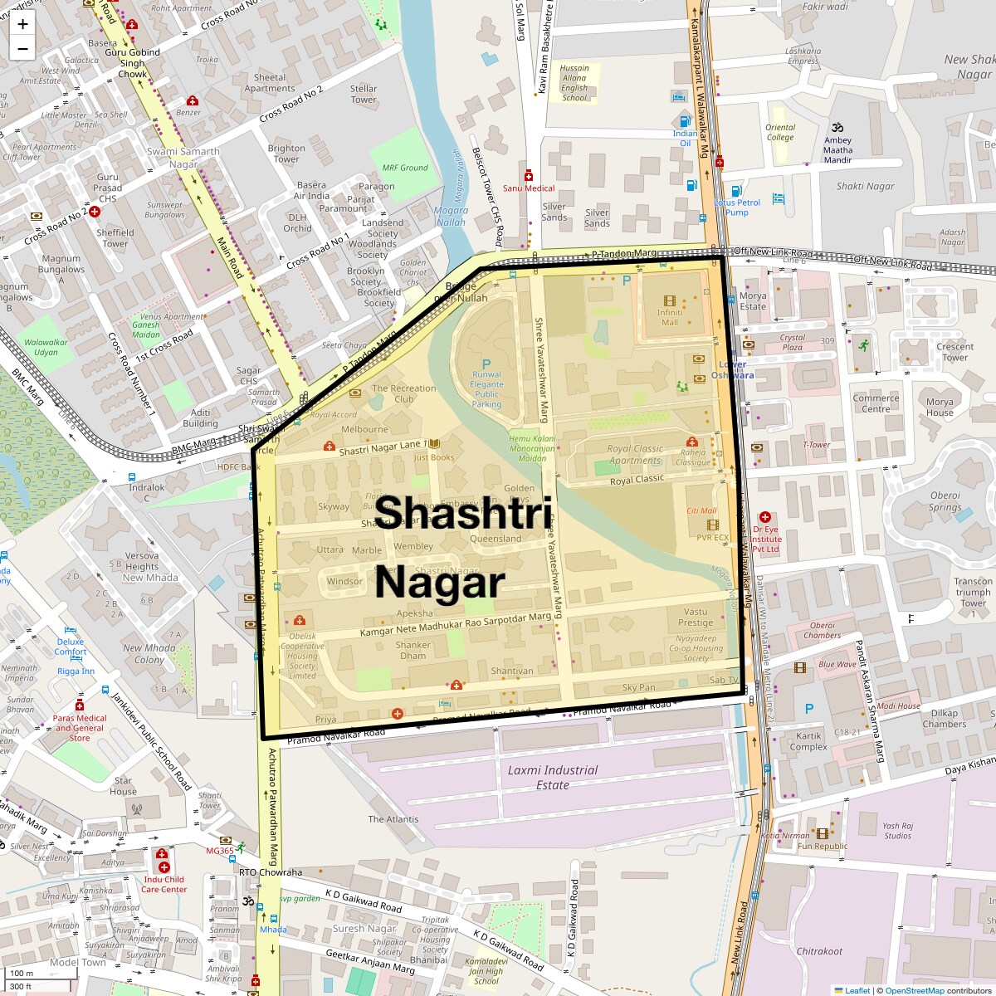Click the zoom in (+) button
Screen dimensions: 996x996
[x=22, y=24]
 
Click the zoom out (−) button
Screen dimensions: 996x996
[x=22, y=49]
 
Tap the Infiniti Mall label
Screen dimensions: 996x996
[x=669, y=317]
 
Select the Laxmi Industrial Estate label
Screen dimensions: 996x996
[x=552, y=777]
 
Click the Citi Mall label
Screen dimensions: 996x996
[x=701, y=510]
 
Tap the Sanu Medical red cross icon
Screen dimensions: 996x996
[x=529, y=176]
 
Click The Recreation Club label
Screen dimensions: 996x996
[x=403, y=393]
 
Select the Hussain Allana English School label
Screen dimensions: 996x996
[x=574, y=83]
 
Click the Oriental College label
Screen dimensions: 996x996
[x=779, y=132]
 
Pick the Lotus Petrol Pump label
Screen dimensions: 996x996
[x=736, y=207]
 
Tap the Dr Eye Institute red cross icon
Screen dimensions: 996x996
[x=764, y=517]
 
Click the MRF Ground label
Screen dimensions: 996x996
[x=404, y=168]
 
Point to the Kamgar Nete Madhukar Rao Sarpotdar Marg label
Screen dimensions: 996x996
[x=455, y=625]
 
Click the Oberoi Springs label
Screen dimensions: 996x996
[x=945, y=501]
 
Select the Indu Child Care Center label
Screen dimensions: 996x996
[x=164, y=884]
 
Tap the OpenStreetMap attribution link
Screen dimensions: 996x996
[x=914, y=990]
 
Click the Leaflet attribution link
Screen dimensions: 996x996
[x=857, y=990]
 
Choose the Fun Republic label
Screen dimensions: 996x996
[x=822, y=847]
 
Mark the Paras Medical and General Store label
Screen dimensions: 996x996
[x=80, y=728]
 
